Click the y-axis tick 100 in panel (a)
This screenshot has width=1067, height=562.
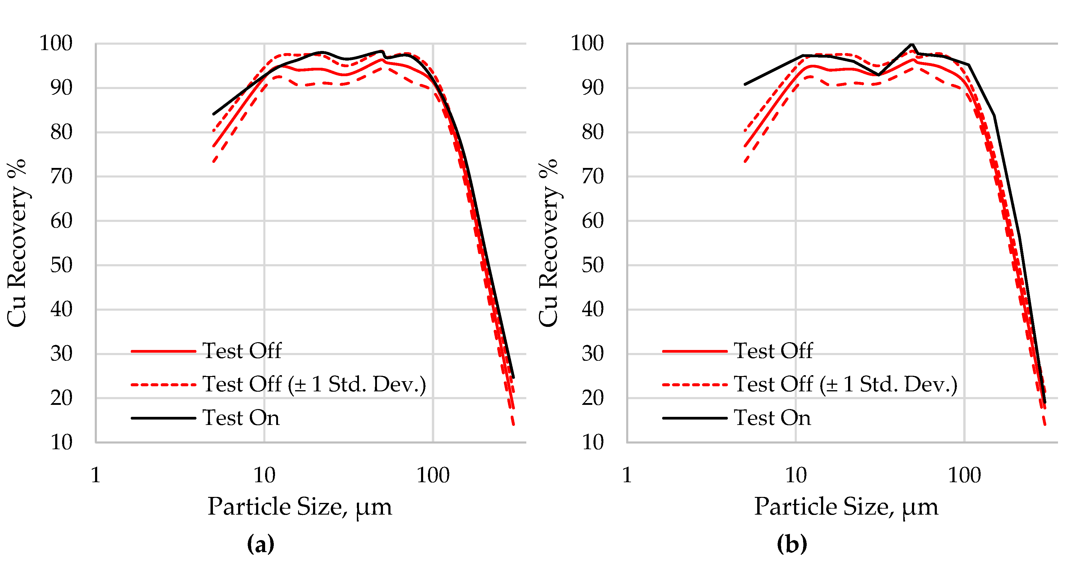point(55,43)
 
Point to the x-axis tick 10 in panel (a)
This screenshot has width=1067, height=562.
point(264,475)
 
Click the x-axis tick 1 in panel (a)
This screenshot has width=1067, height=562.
point(96,475)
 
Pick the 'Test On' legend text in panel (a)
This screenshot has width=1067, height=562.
point(241,417)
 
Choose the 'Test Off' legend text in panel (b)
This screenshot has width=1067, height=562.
point(773,351)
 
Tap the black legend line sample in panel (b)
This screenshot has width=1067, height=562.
point(695,418)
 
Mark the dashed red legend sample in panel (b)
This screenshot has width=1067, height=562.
point(695,385)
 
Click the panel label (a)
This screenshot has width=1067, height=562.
point(261,544)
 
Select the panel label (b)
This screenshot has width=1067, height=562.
point(791,544)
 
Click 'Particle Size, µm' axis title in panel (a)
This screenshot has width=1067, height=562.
point(300,507)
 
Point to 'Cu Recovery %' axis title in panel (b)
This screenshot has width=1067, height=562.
point(548,243)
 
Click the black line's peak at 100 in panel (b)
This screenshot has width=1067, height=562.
point(912,44)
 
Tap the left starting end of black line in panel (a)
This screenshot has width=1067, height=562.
point(214,114)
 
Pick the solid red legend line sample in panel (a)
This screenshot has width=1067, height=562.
point(163,351)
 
